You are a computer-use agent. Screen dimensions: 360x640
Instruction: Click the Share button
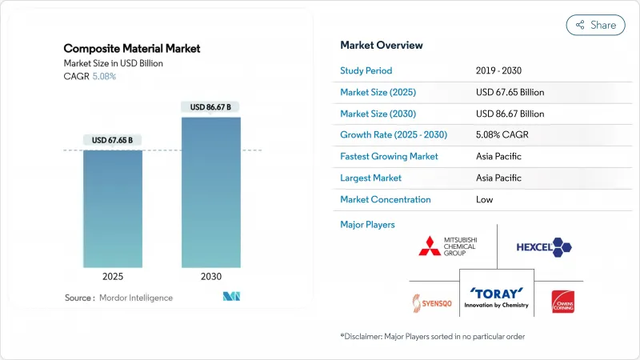point(596,25)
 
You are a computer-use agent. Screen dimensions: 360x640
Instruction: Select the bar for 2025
point(112,208)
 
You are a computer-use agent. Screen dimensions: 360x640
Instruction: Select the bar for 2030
point(210,192)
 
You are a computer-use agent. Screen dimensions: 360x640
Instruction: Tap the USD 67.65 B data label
point(112,140)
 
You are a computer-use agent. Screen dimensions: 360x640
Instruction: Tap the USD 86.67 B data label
point(210,106)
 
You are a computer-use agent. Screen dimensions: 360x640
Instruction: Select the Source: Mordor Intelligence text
point(118,298)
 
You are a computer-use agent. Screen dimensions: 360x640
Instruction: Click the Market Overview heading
point(382,45)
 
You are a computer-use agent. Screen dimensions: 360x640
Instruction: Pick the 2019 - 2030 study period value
point(499,70)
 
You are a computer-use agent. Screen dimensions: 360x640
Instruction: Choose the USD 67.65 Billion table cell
point(510,92)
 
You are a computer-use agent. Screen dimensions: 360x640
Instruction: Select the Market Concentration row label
point(386,199)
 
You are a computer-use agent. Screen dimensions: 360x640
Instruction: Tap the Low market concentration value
point(484,199)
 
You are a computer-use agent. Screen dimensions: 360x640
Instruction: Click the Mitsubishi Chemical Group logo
point(449,246)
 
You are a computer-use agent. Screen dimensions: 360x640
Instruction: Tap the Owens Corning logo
point(562,302)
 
